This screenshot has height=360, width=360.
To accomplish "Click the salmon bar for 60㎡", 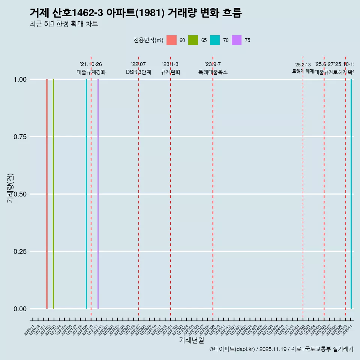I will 47,194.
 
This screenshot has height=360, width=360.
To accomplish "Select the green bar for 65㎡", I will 54,194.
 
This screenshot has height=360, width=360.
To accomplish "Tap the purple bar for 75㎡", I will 98,194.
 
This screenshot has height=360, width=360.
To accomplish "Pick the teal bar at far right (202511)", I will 351,194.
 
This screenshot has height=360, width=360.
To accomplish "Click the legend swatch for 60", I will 171,40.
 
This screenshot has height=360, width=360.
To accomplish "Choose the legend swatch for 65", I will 193,40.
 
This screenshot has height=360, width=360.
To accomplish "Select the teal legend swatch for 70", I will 215,40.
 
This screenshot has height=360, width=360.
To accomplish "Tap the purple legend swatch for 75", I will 237,40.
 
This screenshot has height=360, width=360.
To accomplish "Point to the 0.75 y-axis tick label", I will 20,137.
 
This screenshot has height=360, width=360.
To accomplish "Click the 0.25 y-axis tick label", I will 20,252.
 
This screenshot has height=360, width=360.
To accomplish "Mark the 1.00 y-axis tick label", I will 20,79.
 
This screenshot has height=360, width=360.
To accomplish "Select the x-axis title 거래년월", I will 191,340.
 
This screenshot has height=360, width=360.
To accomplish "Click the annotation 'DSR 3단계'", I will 138,72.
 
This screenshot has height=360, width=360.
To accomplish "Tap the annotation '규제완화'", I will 171,72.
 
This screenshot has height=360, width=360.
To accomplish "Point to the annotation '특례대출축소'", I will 213,72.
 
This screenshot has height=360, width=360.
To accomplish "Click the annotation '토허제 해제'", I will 303,71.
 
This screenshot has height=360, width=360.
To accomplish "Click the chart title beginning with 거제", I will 135,13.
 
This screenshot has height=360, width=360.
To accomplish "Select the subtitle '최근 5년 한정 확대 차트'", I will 64,24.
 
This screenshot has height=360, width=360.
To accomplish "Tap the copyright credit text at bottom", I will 281,349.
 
